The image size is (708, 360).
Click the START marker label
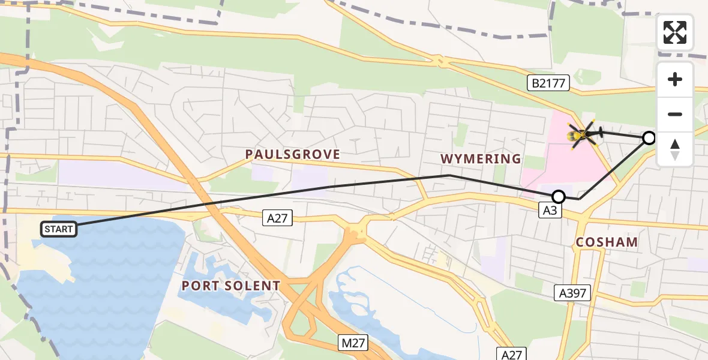[59, 229]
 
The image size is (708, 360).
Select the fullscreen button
[675, 32]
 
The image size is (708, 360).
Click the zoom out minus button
[675, 114]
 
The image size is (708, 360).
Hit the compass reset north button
[675, 149]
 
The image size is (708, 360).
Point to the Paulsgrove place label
[292, 155]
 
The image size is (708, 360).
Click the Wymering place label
[481, 159]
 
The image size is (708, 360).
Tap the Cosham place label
[607, 242]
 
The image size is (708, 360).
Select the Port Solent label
[231, 286]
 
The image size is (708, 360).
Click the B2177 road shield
[548, 83]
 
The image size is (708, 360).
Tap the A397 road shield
[572, 293]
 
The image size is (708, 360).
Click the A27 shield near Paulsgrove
[277, 218]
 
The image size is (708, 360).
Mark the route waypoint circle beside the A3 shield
[559, 196]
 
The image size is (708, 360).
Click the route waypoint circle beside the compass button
[649, 139]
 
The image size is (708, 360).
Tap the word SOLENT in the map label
[251, 286]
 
